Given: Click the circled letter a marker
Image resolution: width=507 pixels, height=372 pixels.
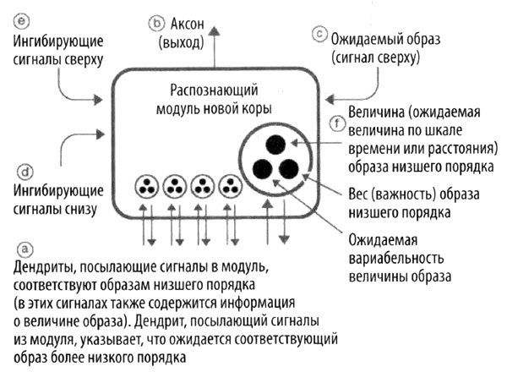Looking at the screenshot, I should [25, 249].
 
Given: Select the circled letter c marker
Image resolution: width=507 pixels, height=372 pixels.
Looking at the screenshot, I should [319, 35].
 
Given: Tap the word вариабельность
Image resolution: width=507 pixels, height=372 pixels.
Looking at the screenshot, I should [390, 257].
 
